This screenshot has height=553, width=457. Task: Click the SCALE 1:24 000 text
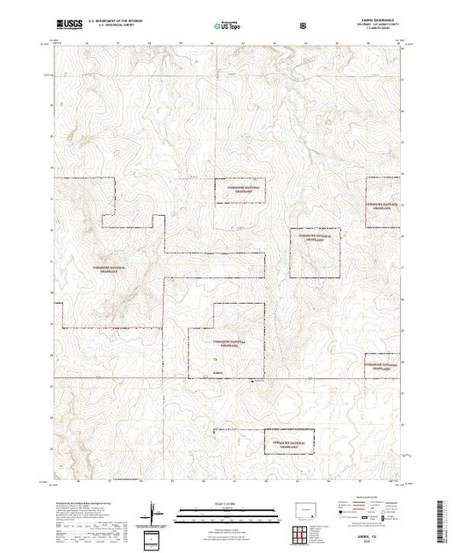(227, 503)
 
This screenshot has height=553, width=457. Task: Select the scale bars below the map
(227, 512)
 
